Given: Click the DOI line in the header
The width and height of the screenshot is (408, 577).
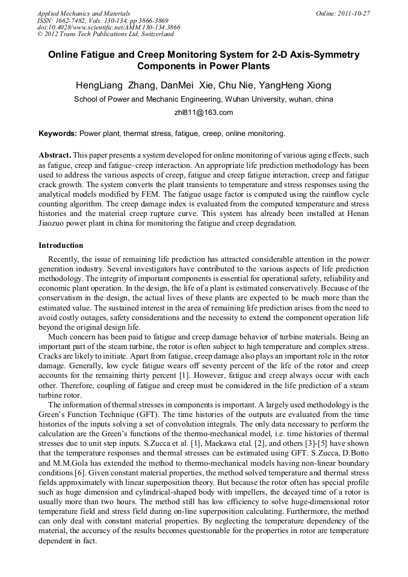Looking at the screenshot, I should click(108, 28).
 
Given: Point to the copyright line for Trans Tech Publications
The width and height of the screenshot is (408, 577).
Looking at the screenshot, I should click(105, 34).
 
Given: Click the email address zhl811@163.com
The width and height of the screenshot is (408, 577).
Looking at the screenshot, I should click(203, 113).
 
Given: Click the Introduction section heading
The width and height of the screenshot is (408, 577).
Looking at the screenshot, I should click(61, 245).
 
